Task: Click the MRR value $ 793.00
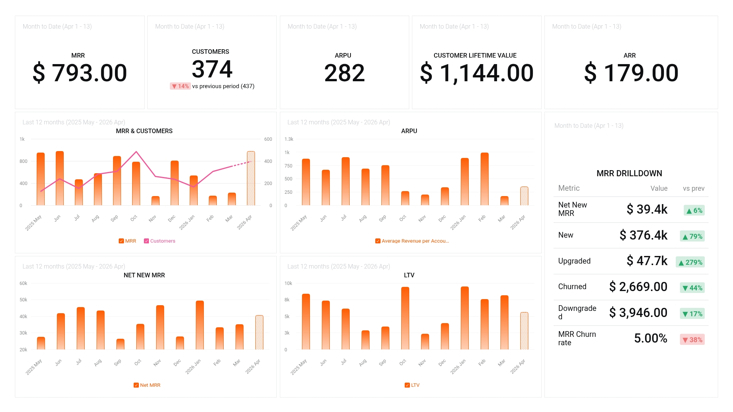tap(80, 73)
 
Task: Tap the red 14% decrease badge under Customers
tap(180, 86)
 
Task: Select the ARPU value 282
tap(344, 73)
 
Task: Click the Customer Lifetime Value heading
tap(475, 55)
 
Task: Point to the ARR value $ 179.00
tap(631, 73)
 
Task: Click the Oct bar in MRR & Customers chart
tap(136, 184)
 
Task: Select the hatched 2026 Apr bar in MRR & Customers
tap(251, 179)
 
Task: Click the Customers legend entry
tap(160, 241)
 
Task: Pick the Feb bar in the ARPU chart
tap(484, 179)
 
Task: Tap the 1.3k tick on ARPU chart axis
tap(289, 139)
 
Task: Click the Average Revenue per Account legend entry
tap(412, 241)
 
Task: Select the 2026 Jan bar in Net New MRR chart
tap(200, 325)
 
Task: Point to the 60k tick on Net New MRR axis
tap(23, 283)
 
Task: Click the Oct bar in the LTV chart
tap(405, 318)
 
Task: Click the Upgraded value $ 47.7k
tap(647, 261)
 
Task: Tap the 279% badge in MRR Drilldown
tap(690, 262)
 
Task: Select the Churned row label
tap(572, 286)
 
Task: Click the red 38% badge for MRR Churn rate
tap(692, 340)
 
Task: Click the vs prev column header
tap(693, 188)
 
